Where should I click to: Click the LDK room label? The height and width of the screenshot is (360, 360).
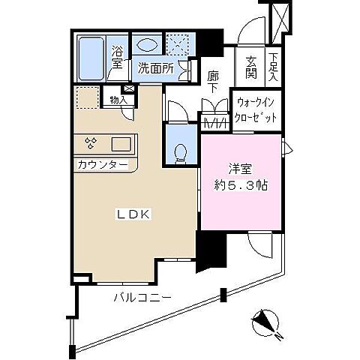tap(133, 214)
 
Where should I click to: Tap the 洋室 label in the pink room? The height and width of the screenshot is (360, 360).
tap(240, 169)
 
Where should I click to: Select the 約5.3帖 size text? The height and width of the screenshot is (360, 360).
tap(241, 185)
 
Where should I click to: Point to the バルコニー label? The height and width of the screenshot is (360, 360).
tap(142, 297)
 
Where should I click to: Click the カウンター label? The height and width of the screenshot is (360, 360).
tap(103, 164)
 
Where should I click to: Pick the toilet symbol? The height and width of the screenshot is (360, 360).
tap(181, 154)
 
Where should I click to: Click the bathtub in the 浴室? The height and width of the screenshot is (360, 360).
tap(91, 58)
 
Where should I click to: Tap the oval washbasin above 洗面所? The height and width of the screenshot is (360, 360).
tap(148, 46)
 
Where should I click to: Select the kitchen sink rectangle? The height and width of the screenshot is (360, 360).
tap(121, 145)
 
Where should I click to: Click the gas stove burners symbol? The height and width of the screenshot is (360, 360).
tap(91, 143)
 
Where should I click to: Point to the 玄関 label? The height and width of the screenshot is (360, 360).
tap(250, 67)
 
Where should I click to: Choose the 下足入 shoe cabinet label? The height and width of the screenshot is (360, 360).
tap(273, 67)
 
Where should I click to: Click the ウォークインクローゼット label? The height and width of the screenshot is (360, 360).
tap(256, 110)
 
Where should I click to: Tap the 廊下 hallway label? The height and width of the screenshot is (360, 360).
tap(213, 82)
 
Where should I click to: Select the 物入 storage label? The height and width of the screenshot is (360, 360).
tap(118, 100)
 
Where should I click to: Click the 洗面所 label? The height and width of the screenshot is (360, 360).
tap(156, 68)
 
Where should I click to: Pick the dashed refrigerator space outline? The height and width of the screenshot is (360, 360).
tap(88, 97)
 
